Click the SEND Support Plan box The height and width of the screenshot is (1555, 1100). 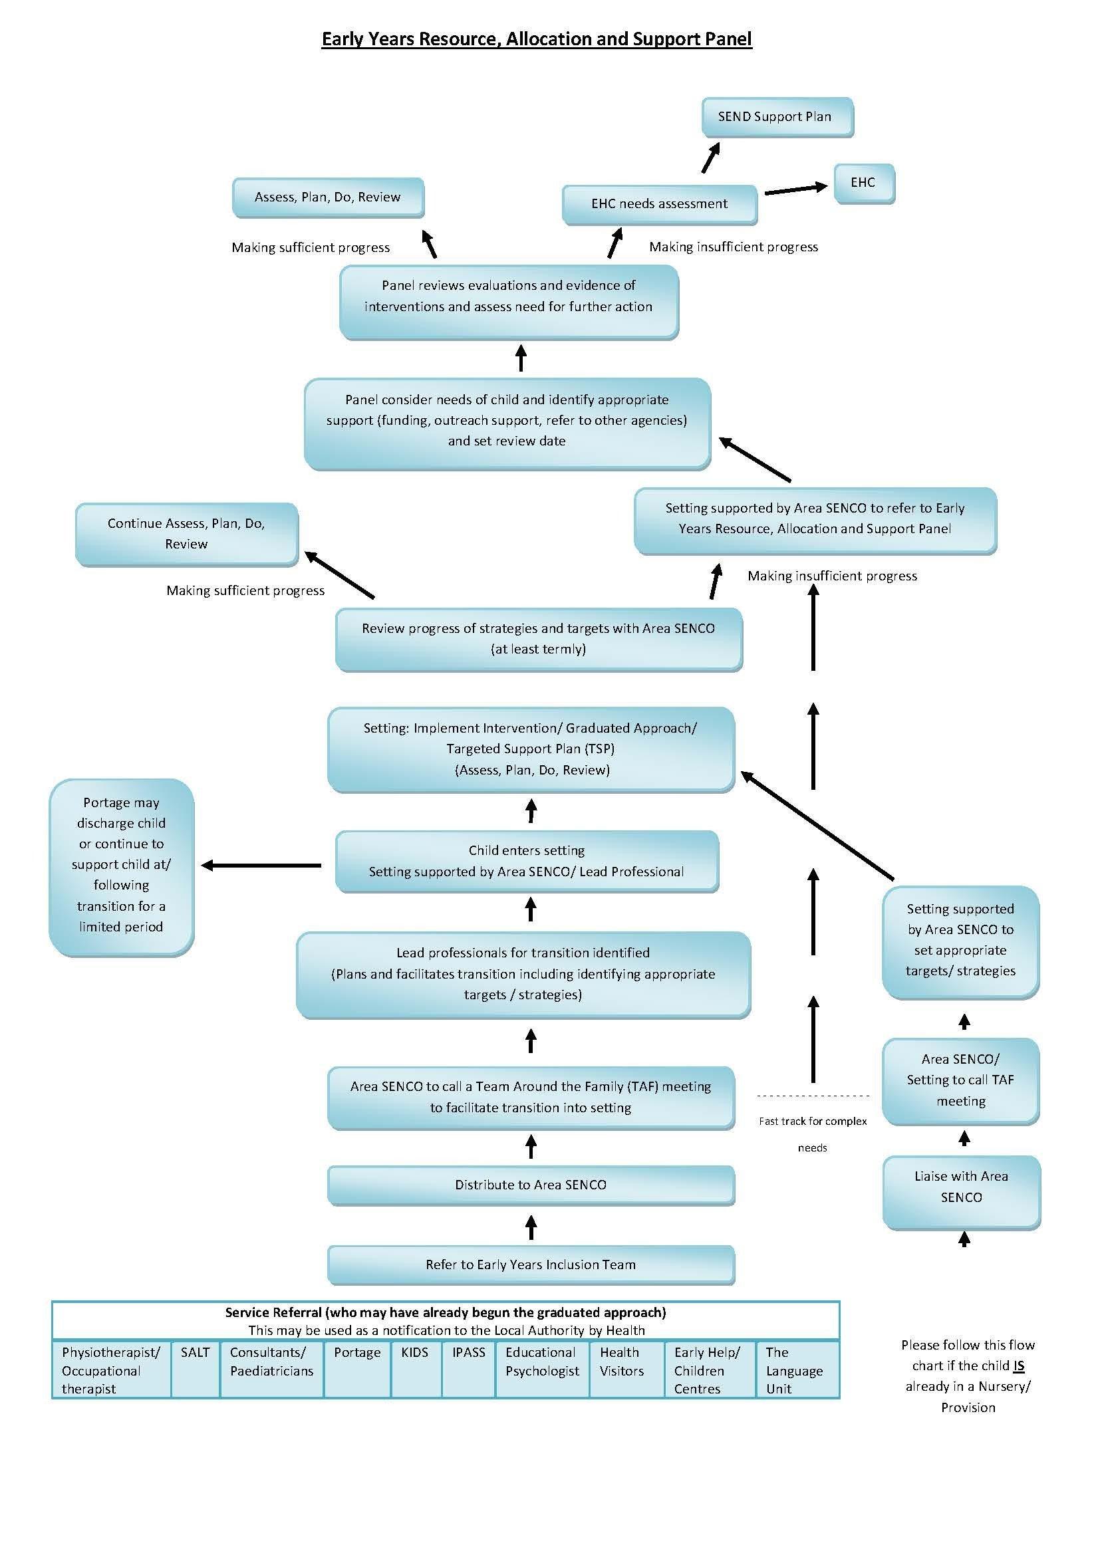tap(777, 116)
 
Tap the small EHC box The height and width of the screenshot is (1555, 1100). tap(864, 183)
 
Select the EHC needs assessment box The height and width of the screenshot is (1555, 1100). tap(659, 204)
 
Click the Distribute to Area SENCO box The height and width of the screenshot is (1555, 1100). tap(530, 1185)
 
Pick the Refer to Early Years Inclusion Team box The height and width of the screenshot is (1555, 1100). tap(530, 1264)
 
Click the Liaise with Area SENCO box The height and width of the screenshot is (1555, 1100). tap(960, 1191)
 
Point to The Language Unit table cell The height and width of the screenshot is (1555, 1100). tap(796, 1370)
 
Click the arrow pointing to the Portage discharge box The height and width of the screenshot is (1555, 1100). tap(261, 865)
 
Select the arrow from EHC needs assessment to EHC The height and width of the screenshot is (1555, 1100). tap(795, 189)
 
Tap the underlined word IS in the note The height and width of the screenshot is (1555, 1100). tap(1018, 1366)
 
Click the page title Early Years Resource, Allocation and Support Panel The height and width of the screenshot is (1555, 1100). tap(537, 39)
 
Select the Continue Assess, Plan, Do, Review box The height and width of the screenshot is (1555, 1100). tap(186, 534)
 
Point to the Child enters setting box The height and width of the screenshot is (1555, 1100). tap(526, 861)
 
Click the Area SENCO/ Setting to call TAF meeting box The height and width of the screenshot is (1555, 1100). tap(960, 1080)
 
